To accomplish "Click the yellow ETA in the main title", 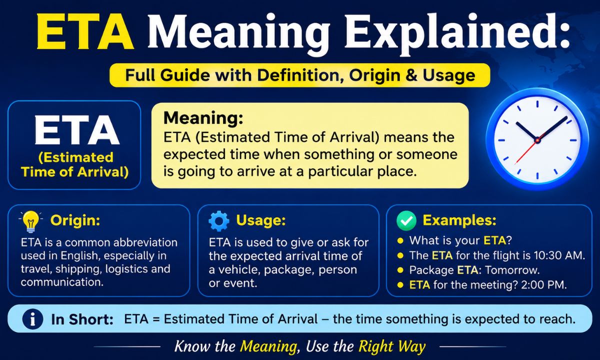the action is click(x=85, y=31).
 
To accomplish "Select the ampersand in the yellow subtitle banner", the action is click(x=410, y=75).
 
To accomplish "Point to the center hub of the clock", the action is click(x=537, y=140).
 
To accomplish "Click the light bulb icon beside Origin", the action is click(x=31, y=221).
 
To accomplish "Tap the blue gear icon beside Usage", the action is click(x=219, y=221).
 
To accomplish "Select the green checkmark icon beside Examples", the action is click(x=406, y=220).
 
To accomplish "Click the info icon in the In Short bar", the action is click(x=32, y=319).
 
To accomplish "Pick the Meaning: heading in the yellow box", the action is click(x=203, y=118).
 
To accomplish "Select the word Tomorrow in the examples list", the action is click(x=512, y=270).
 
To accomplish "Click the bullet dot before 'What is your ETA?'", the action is click(x=400, y=240).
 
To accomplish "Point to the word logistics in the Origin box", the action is click(x=126, y=269).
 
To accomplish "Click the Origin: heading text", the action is click(x=75, y=220).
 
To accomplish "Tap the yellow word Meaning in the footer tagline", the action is click(x=268, y=346).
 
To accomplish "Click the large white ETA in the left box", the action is click(x=76, y=130).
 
